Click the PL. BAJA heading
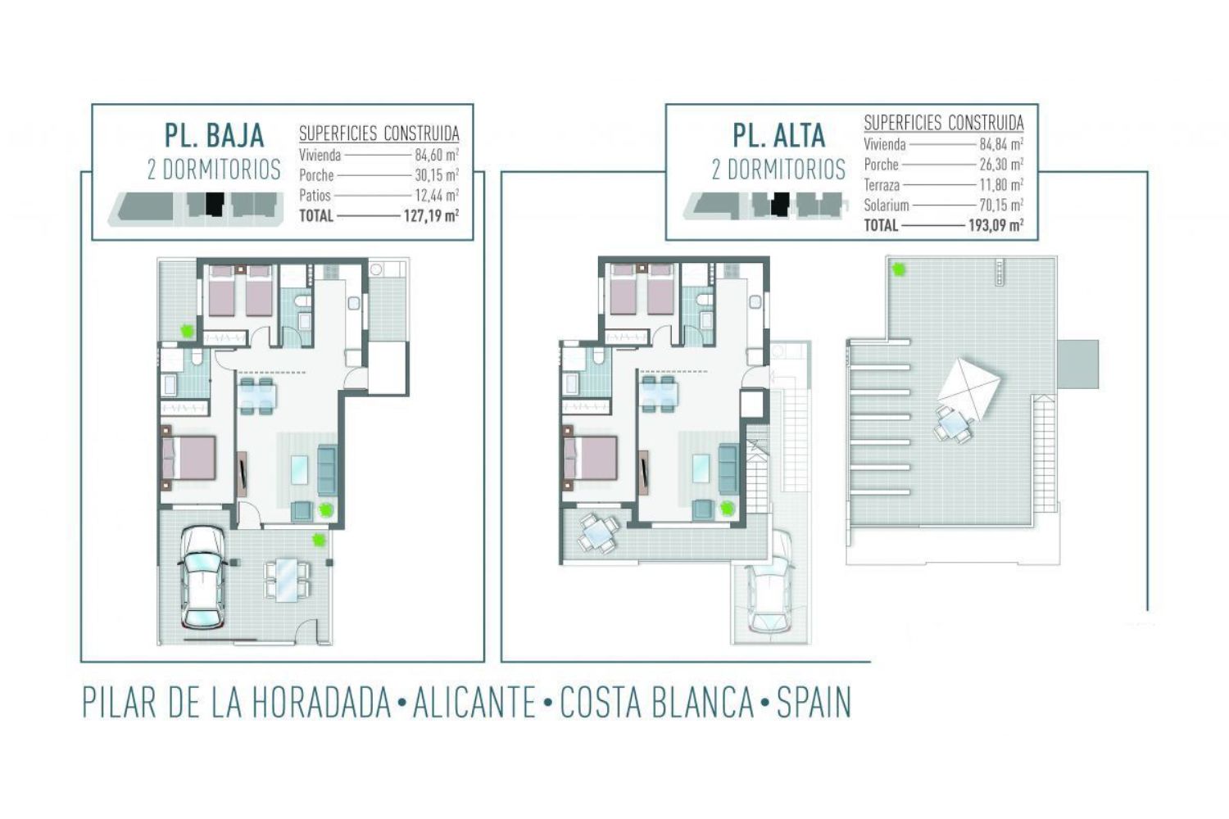coord(214,135)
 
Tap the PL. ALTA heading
coord(779,135)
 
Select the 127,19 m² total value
coord(431,215)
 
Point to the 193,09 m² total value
coord(995,225)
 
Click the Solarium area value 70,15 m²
coord(1001,206)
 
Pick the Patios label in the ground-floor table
coord(315,195)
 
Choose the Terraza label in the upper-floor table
coord(882,185)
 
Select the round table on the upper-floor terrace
coord(599,532)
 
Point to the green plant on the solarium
coord(898,269)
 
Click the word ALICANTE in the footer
coord(474,703)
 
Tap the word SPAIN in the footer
coord(814,703)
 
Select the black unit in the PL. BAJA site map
coord(215,204)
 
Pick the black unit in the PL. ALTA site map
coord(780,204)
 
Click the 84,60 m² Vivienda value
coord(437,156)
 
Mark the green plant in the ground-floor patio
coord(188,331)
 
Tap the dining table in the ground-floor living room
coord(256,396)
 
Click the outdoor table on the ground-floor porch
coord(287,580)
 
